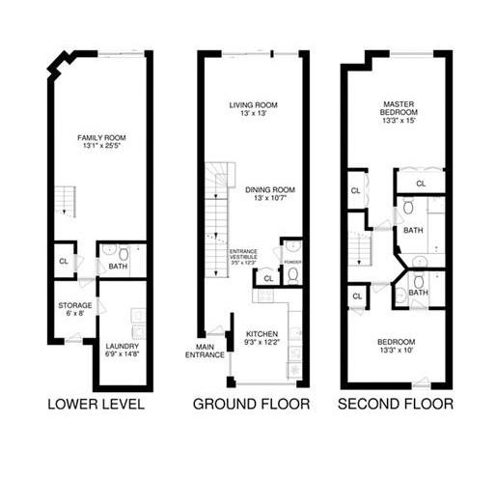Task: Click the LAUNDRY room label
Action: (123, 346)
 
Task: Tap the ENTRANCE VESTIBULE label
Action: (241, 253)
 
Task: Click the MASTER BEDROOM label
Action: (399, 108)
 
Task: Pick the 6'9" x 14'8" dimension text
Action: (123, 355)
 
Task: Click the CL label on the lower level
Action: (64, 262)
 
